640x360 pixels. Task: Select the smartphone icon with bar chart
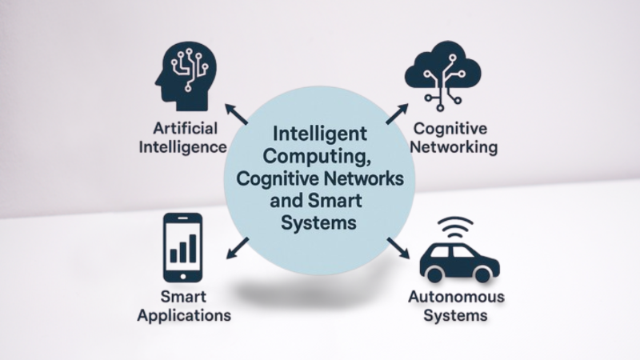[182, 246]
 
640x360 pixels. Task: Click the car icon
[458, 261]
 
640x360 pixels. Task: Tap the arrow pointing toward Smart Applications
[238, 248]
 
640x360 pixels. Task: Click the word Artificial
[182, 128]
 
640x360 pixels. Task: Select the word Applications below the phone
[184, 315]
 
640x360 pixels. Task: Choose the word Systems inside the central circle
[318, 222]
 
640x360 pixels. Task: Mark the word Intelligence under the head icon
[181, 147]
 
